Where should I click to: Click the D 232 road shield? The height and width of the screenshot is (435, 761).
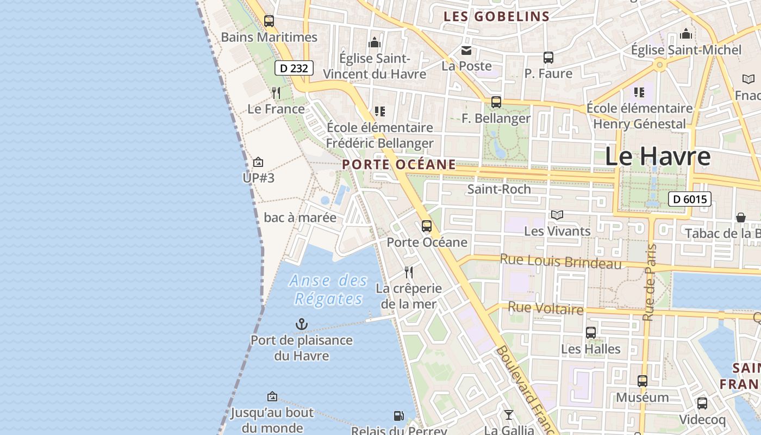(294, 68)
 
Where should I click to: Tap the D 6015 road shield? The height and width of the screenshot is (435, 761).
(690, 199)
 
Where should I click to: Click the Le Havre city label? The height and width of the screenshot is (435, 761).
(657, 157)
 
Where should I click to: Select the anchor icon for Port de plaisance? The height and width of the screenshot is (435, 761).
(301, 325)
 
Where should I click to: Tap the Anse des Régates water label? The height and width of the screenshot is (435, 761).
(328, 290)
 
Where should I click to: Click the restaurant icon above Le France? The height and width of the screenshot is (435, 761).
(276, 93)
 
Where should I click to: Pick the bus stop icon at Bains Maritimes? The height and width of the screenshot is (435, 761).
(269, 21)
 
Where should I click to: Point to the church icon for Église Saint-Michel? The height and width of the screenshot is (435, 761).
(686, 34)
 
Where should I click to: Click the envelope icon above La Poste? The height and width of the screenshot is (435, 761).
(466, 51)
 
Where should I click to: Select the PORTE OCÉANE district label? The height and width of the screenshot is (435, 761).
(399, 164)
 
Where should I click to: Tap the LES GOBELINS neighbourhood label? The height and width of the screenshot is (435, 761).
(496, 16)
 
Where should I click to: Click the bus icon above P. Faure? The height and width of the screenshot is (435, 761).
(548, 58)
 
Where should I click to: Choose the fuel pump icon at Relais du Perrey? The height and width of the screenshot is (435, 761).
(398, 416)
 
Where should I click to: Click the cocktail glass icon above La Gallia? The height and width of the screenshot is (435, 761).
(509, 415)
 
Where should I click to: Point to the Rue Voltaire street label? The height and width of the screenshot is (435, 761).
(545, 309)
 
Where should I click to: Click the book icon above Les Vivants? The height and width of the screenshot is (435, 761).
(557, 215)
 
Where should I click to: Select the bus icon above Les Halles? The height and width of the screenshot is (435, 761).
(591, 332)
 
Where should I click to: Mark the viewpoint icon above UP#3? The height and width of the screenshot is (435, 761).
(258, 162)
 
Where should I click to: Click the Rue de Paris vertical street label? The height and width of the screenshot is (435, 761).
(649, 283)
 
